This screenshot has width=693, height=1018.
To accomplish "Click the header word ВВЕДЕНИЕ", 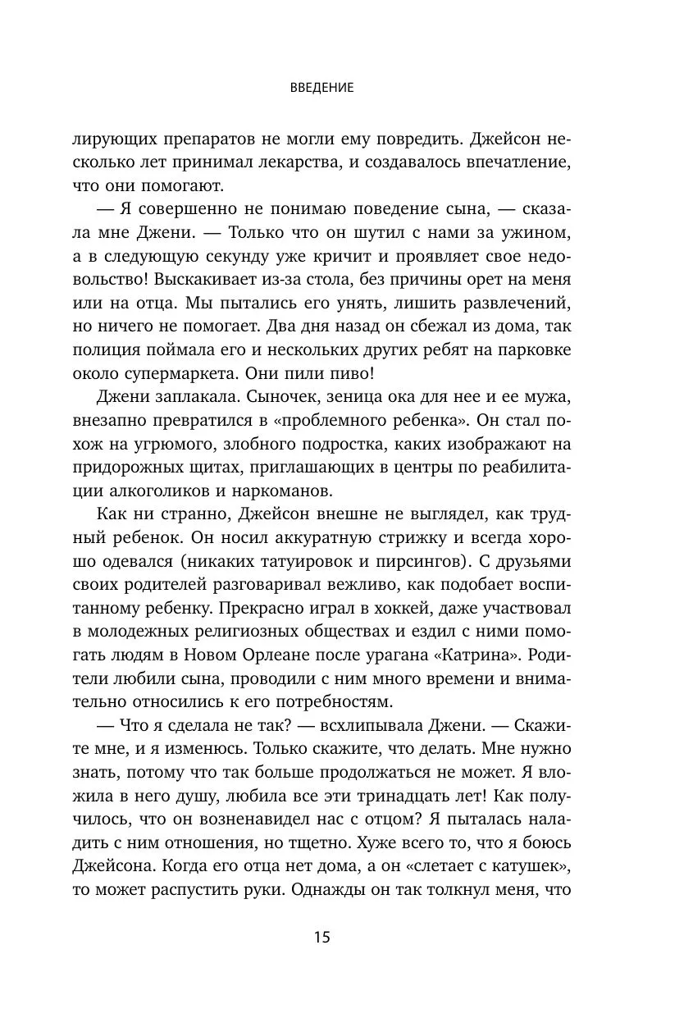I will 321,88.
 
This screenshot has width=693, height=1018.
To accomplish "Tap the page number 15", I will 321,938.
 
